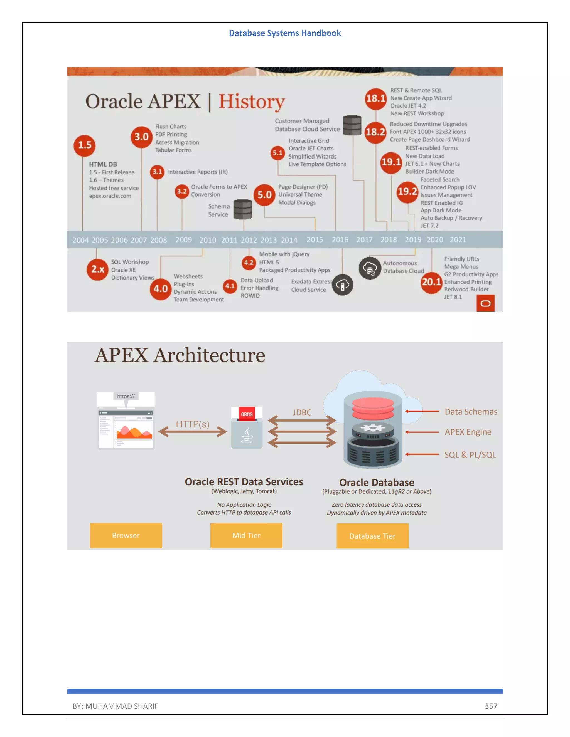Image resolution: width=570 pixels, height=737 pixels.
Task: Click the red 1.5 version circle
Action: coord(84,145)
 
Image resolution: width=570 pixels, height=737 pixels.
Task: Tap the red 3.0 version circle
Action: coord(141,137)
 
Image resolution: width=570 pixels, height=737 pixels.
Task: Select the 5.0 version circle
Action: coord(264,195)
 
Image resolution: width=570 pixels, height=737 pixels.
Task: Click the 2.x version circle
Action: coord(98,269)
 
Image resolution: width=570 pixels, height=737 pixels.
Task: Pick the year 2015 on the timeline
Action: coord(315,239)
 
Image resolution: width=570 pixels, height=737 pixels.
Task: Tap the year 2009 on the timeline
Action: coord(183,239)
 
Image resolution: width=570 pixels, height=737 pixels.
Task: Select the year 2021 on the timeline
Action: coord(458,239)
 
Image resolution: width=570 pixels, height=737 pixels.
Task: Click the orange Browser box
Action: coord(126,536)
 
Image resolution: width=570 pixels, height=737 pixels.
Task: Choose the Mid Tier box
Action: coord(246,536)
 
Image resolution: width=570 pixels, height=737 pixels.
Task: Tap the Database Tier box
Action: coord(372,536)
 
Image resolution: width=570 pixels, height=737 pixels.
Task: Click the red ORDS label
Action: coord(247,414)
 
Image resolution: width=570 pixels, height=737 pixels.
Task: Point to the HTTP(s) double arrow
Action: coord(193,432)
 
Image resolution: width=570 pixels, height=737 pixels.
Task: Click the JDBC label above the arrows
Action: coord(302,412)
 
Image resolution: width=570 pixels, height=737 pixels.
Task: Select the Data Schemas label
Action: coord(471,412)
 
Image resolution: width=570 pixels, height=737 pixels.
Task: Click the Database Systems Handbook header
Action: coord(285,33)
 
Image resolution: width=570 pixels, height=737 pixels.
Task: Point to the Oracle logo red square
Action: coord(485,303)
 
